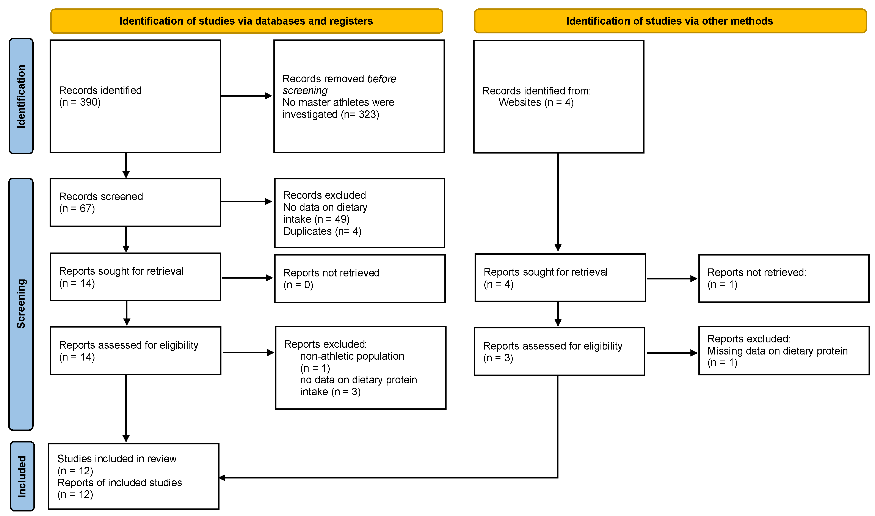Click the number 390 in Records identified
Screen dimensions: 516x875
(x=90, y=102)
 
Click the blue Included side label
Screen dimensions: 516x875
(x=22, y=476)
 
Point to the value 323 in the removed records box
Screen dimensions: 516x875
(x=368, y=114)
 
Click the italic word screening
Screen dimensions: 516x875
(x=305, y=91)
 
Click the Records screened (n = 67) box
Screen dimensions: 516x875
(x=135, y=202)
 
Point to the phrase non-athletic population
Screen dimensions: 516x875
(x=352, y=356)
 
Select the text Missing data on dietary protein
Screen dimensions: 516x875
(x=777, y=351)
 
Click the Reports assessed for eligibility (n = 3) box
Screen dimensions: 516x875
(x=559, y=351)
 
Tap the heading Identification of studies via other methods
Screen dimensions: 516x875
(x=670, y=21)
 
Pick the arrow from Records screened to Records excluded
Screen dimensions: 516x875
(x=246, y=201)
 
